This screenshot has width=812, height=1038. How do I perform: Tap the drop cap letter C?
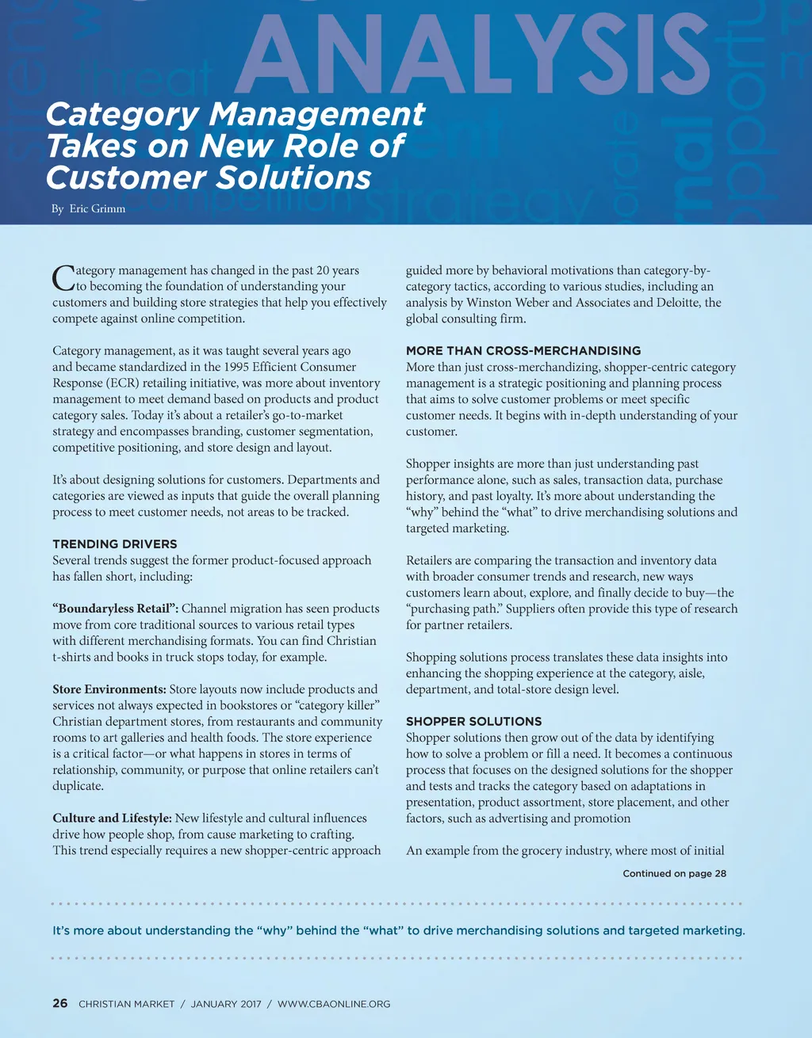click(x=63, y=279)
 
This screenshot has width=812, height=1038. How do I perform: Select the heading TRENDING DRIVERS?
click(x=115, y=544)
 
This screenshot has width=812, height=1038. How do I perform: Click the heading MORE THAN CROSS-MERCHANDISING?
click(x=523, y=351)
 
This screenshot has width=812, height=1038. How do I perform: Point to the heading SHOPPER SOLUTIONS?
click(x=474, y=721)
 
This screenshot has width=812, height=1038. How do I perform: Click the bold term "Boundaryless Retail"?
click(x=116, y=609)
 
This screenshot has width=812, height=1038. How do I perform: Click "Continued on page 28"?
click(x=674, y=873)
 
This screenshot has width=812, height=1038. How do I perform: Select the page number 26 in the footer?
click(x=60, y=1003)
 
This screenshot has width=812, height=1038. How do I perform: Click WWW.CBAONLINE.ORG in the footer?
click(x=334, y=1004)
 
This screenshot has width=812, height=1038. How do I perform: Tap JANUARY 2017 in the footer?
click(x=226, y=1004)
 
